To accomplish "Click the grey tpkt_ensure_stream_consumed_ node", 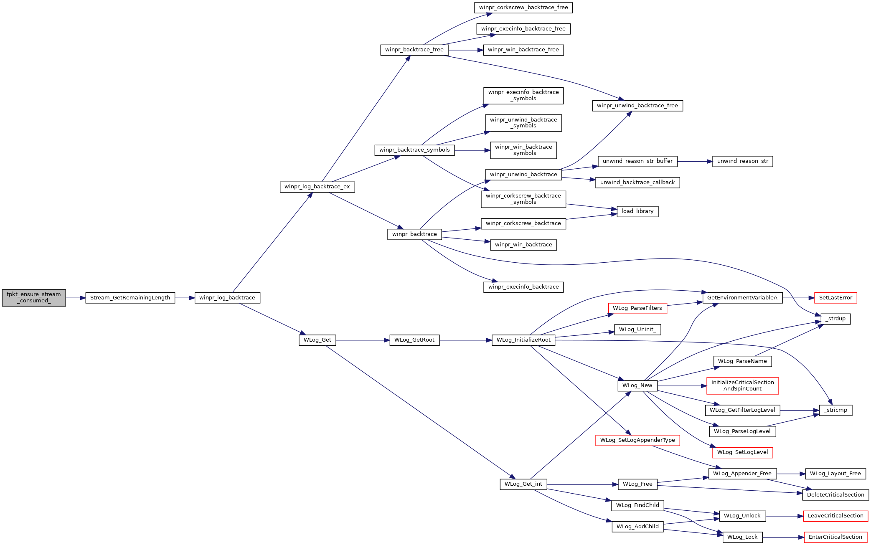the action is pyautogui.click(x=34, y=298).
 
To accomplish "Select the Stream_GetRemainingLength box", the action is pyautogui.click(x=130, y=298).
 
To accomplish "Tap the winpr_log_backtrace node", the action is pyautogui.click(x=227, y=298).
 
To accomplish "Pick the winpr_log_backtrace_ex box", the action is pyautogui.click(x=317, y=187).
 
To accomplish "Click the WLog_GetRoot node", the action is pyautogui.click(x=414, y=340).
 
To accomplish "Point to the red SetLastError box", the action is pyautogui.click(x=835, y=298).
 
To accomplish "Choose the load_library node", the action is pyautogui.click(x=637, y=211).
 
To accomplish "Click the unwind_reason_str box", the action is pyautogui.click(x=743, y=161).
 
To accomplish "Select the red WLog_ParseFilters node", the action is pyautogui.click(x=637, y=308).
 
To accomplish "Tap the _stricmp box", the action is pyautogui.click(x=835, y=410).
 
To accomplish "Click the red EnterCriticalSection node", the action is pyautogui.click(x=835, y=537).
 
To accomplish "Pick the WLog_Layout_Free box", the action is pyautogui.click(x=835, y=474).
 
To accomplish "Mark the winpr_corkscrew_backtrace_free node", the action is pyautogui.click(x=523, y=8).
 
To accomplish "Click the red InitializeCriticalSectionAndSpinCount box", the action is pyautogui.click(x=743, y=385).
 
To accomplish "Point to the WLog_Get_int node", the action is pyautogui.click(x=523, y=484).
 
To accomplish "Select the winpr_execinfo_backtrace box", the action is pyautogui.click(x=523, y=287).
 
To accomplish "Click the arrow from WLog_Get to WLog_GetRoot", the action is pyautogui.click(x=363, y=340).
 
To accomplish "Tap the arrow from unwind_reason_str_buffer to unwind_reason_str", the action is pyautogui.click(x=695, y=161).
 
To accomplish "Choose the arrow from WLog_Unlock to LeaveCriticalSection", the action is pyautogui.click(x=785, y=516).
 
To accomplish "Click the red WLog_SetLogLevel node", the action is pyautogui.click(x=743, y=452).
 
